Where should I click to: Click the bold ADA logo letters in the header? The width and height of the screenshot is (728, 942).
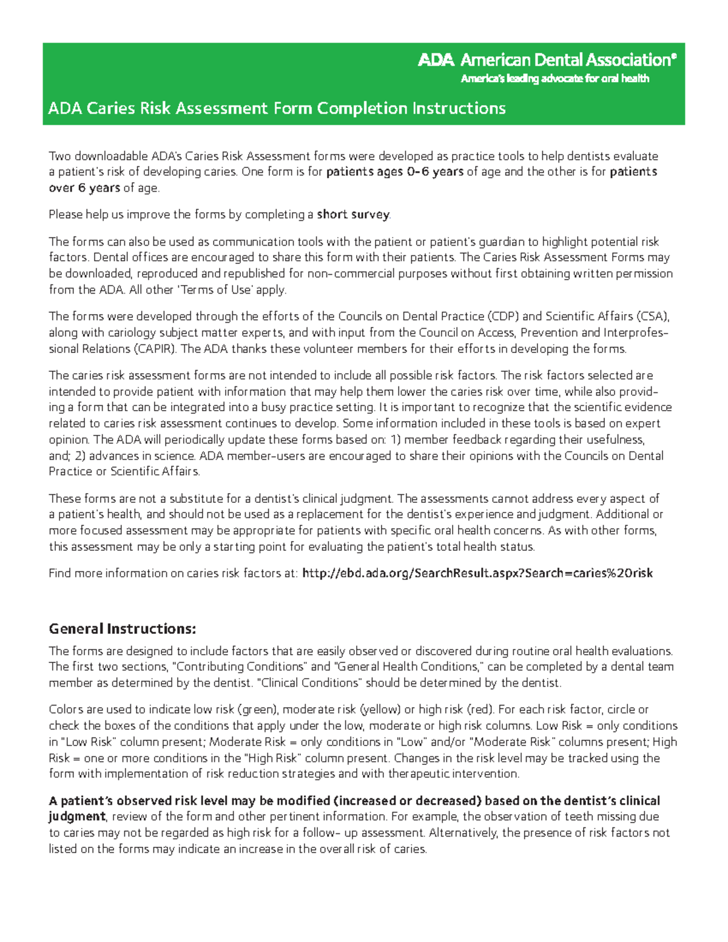[x=435, y=60]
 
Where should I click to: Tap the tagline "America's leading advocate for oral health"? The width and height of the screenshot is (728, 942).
[x=554, y=79]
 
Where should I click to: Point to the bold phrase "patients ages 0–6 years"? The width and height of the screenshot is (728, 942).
[x=394, y=172]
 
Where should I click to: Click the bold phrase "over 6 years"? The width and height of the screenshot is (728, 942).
[x=84, y=188]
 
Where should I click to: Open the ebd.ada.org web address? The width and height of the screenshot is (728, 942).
[x=477, y=573]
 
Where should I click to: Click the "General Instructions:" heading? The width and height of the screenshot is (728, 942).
[x=122, y=628]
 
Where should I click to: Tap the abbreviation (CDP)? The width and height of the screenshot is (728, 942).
[x=503, y=316]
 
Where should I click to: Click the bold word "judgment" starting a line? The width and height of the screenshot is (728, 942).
[x=77, y=816]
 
